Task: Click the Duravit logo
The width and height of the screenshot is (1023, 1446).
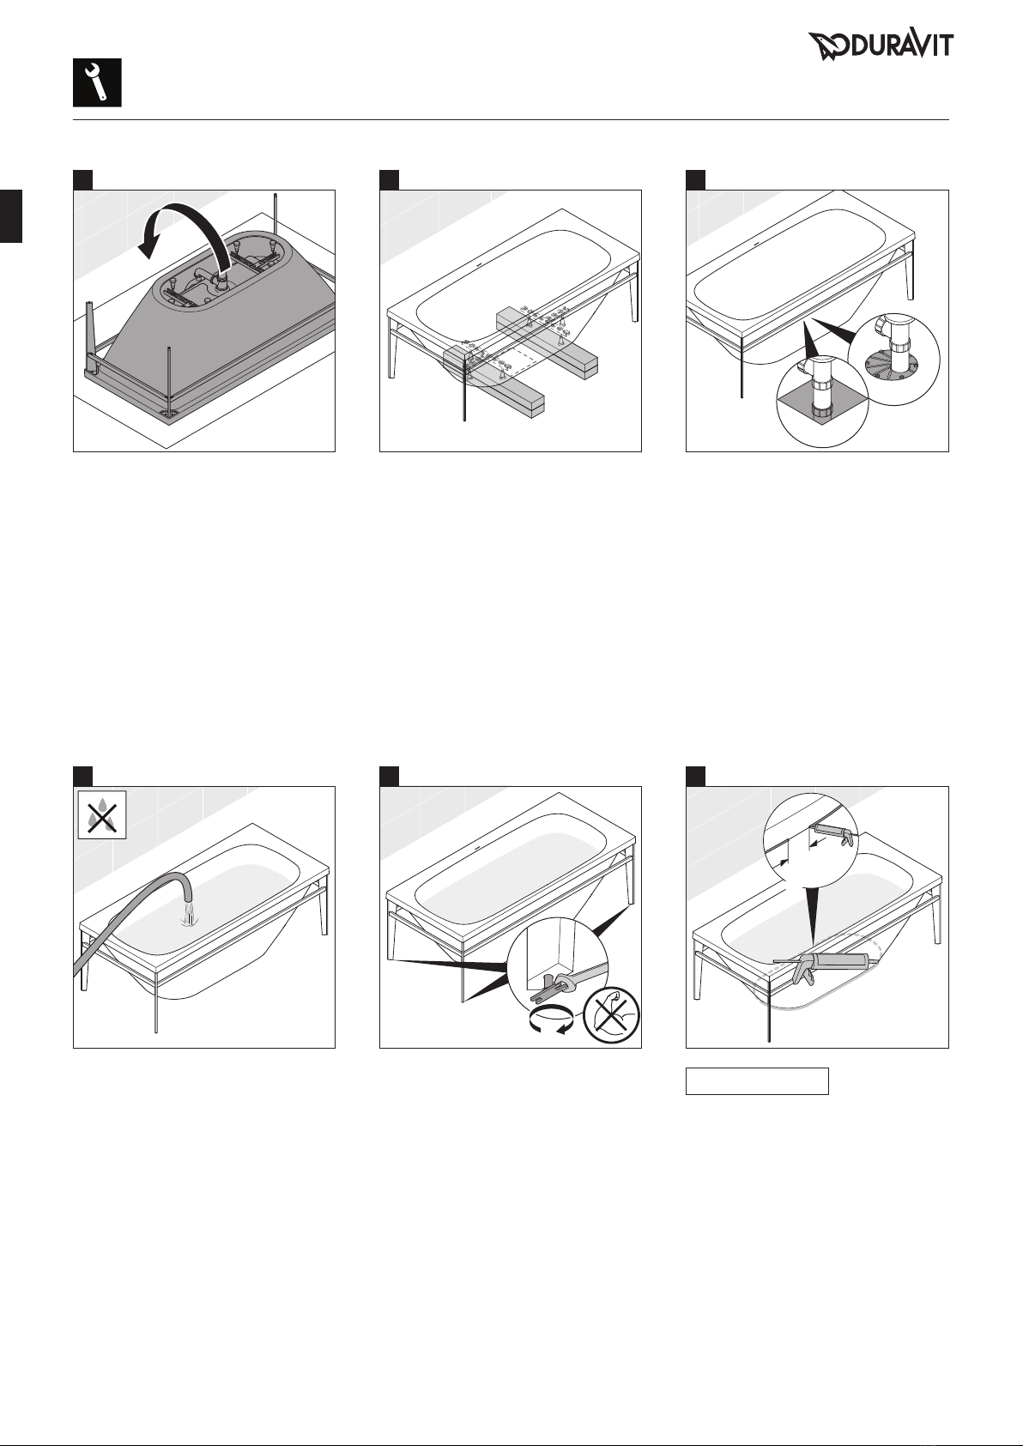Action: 881,45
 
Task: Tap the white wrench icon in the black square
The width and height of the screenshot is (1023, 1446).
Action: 97,82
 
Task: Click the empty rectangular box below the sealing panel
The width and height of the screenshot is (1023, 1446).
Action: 756,1080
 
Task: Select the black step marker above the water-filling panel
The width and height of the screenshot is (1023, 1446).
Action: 82,777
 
